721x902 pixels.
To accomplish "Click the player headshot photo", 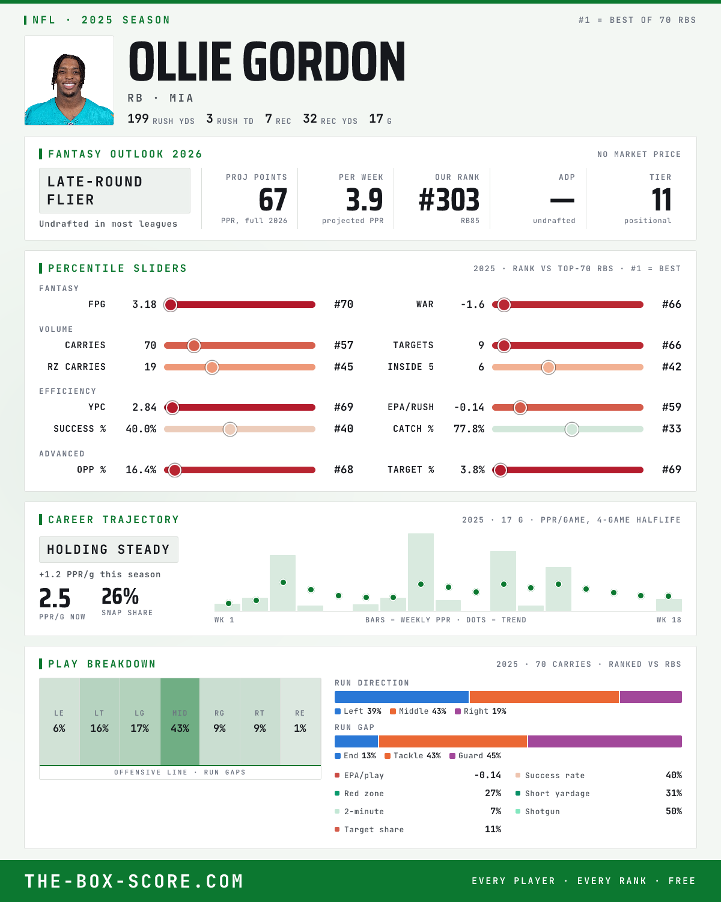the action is click(69, 81).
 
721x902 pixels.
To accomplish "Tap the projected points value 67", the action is click(273, 200).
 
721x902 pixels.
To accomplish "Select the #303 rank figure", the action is click(449, 200).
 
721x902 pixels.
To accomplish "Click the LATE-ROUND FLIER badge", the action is click(114, 191).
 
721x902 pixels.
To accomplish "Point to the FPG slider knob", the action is click(171, 305).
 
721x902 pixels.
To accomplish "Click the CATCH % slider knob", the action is click(572, 429).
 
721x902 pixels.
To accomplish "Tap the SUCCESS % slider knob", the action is click(230, 429).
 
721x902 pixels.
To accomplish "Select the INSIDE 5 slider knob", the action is click(549, 367).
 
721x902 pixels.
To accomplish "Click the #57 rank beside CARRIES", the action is click(344, 345).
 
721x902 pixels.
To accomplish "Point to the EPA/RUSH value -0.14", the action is click(469, 408).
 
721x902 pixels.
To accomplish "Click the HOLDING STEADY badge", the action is click(109, 550).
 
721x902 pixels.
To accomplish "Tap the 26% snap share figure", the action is click(120, 596).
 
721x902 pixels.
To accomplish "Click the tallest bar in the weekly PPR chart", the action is click(421, 572).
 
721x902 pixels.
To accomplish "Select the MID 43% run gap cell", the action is click(180, 722).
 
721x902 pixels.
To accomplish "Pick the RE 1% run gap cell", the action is click(300, 722).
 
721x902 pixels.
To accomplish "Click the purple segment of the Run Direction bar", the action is click(651, 697).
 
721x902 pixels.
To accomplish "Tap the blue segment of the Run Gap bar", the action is click(356, 741).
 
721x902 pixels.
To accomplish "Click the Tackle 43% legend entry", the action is click(413, 756).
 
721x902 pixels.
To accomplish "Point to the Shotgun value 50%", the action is click(674, 811).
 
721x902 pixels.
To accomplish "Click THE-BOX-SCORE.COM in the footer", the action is click(134, 881).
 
